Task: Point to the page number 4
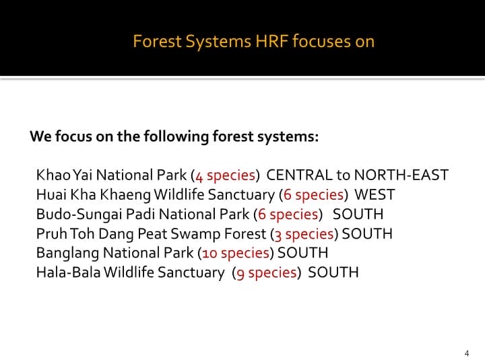(x=467, y=353)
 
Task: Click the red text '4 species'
(x=225, y=176)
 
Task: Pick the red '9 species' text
(x=267, y=273)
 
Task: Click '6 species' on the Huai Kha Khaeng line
(x=313, y=196)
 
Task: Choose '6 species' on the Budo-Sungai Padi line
(x=288, y=215)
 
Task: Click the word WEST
(x=375, y=196)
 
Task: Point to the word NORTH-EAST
(x=401, y=176)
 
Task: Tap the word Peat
(x=153, y=235)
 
